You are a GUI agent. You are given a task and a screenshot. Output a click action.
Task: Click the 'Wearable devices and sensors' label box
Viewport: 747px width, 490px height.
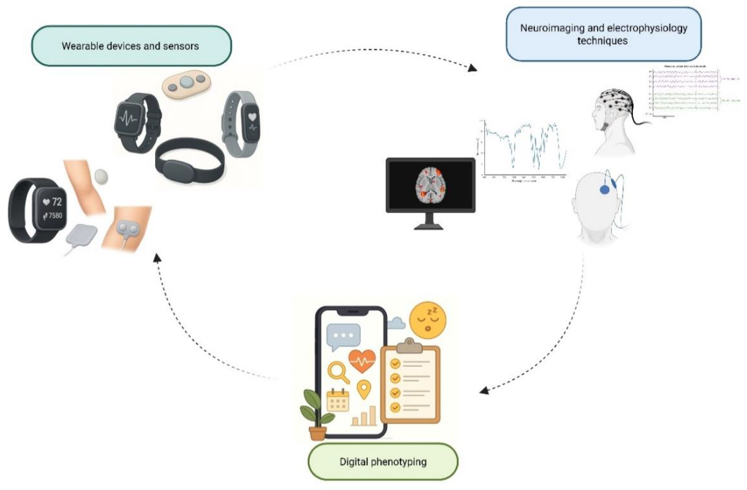click(131, 46)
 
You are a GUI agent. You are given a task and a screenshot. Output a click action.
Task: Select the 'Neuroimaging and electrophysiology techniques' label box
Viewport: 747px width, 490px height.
click(603, 34)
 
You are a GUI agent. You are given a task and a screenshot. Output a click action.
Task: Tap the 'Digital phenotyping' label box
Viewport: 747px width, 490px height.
click(383, 462)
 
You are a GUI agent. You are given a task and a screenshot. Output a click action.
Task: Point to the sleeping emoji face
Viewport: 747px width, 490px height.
click(428, 320)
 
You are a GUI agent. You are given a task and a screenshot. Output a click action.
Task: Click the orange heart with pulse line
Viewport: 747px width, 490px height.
click(362, 360)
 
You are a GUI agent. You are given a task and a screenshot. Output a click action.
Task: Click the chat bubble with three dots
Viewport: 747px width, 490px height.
click(343, 336)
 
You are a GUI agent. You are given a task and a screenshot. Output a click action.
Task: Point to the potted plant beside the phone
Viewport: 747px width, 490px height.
click(316, 415)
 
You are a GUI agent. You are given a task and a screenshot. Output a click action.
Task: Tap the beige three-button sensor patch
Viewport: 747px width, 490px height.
click(187, 83)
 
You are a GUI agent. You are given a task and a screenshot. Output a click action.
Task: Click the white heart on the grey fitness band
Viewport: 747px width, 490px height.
click(252, 117)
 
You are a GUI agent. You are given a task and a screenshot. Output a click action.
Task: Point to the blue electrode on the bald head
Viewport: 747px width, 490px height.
click(604, 190)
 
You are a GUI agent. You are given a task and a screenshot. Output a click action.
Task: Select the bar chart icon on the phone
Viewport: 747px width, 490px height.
click(364, 417)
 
